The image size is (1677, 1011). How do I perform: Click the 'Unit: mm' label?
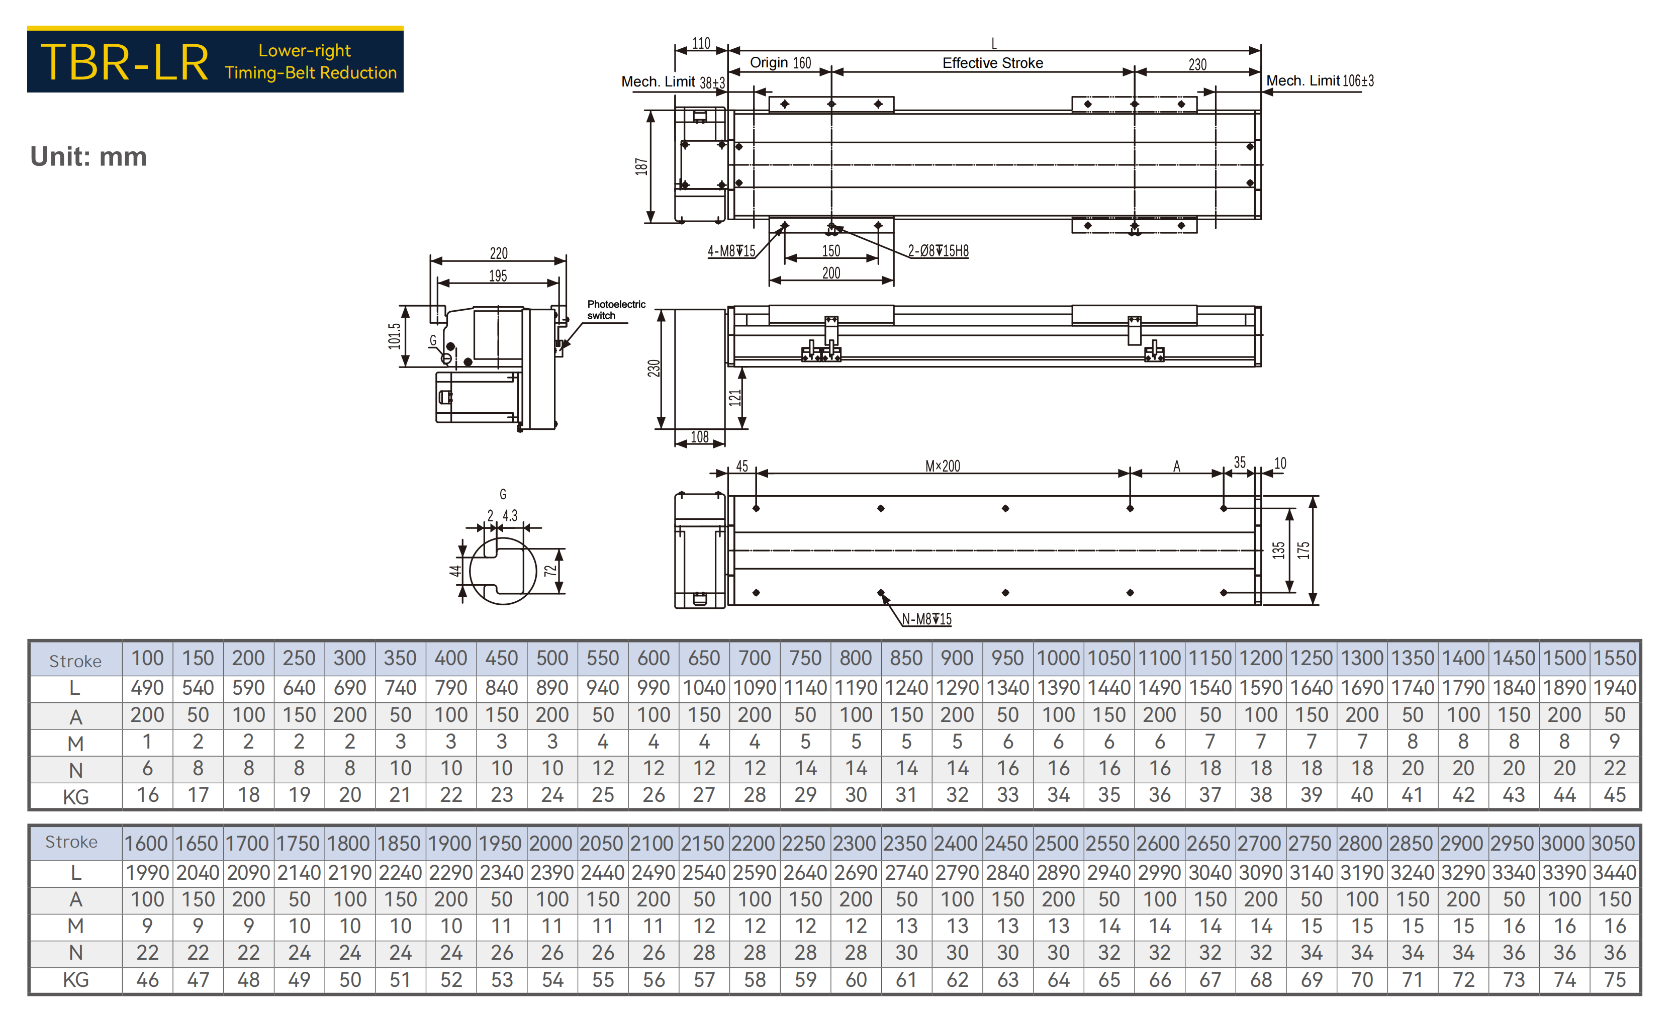(x=88, y=156)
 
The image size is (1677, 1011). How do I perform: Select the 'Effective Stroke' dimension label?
(x=993, y=63)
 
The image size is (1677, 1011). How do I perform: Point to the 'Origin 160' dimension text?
(x=781, y=63)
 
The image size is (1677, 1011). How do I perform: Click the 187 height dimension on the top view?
(x=641, y=167)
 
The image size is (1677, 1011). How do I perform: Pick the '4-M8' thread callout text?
(x=731, y=251)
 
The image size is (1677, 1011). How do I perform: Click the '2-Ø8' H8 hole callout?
(x=939, y=251)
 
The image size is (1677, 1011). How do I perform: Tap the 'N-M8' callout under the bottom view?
(x=927, y=619)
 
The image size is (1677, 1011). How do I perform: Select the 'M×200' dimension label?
(x=943, y=467)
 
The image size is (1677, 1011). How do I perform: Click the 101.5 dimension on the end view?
(x=395, y=336)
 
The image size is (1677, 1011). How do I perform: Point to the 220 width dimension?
(x=499, y=253)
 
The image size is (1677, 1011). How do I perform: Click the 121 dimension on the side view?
(x=734, y=398)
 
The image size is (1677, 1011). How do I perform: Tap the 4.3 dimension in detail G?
(x=510, y=516)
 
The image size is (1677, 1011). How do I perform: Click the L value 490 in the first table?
(x=148, y=688)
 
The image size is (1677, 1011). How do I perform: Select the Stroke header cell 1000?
(x=1058, y=659)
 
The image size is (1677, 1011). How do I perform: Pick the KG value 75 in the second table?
(x=1615, y=980)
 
